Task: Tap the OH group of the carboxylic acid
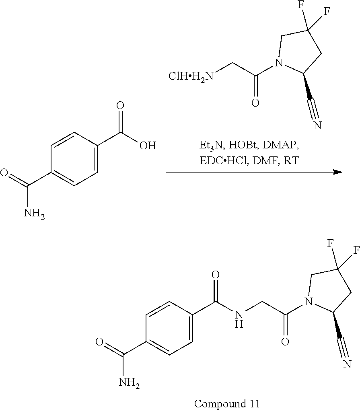coord(147,145)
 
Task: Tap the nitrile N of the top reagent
coord(317,125)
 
